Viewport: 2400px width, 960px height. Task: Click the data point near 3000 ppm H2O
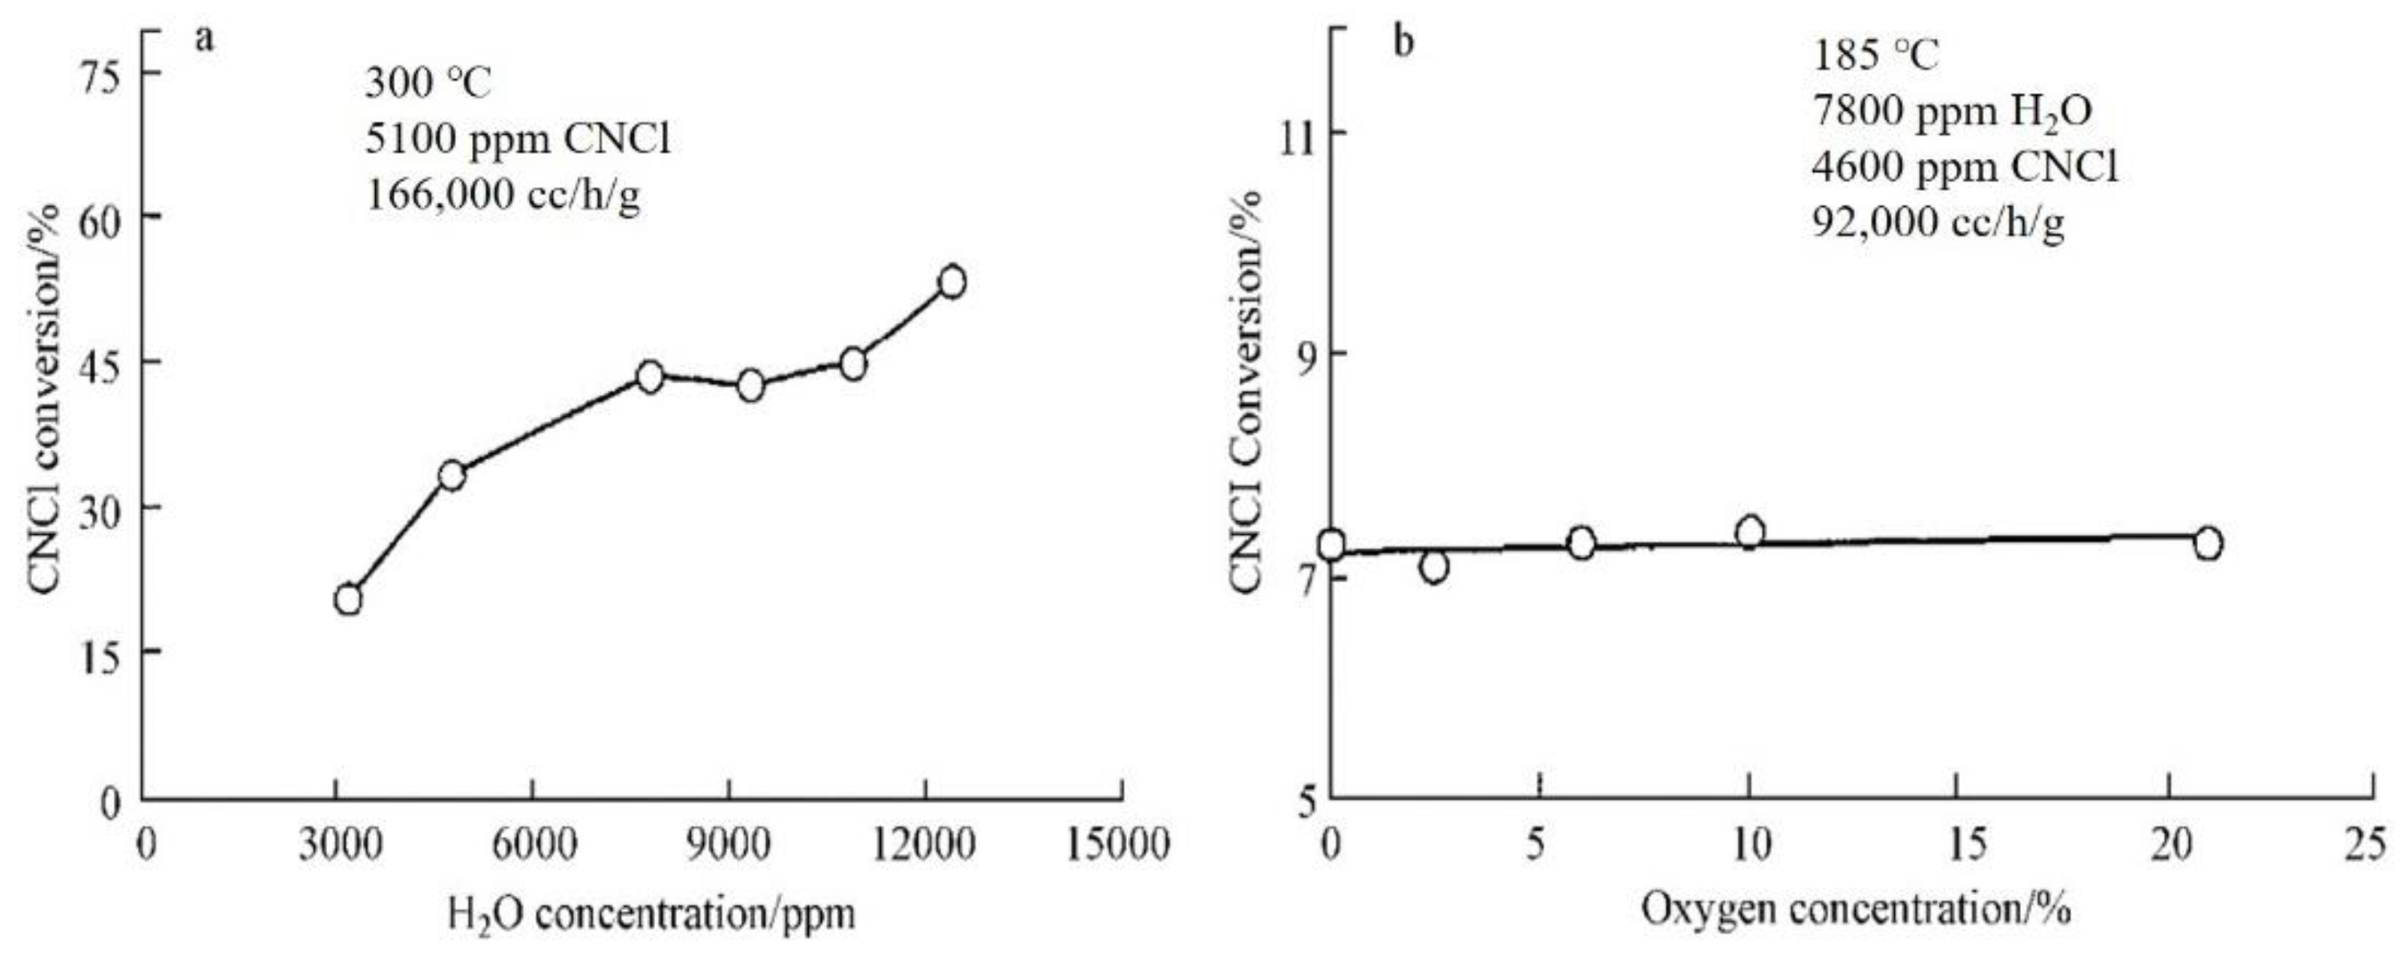tap(349, 599)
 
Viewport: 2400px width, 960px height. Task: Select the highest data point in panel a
tap(952, 282)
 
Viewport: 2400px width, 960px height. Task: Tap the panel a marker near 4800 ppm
tap(452, 476)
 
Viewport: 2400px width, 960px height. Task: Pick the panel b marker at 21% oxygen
tap(2207, 544)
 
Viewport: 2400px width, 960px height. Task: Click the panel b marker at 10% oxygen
tap(1750, 533)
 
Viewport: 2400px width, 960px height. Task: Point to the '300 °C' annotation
tap(426, 84)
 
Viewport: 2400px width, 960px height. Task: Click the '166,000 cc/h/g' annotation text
tap(503, 196)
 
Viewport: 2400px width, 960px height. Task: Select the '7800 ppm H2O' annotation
tap(1952, 111)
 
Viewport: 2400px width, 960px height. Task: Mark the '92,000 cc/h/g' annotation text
tap(1938, 224)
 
